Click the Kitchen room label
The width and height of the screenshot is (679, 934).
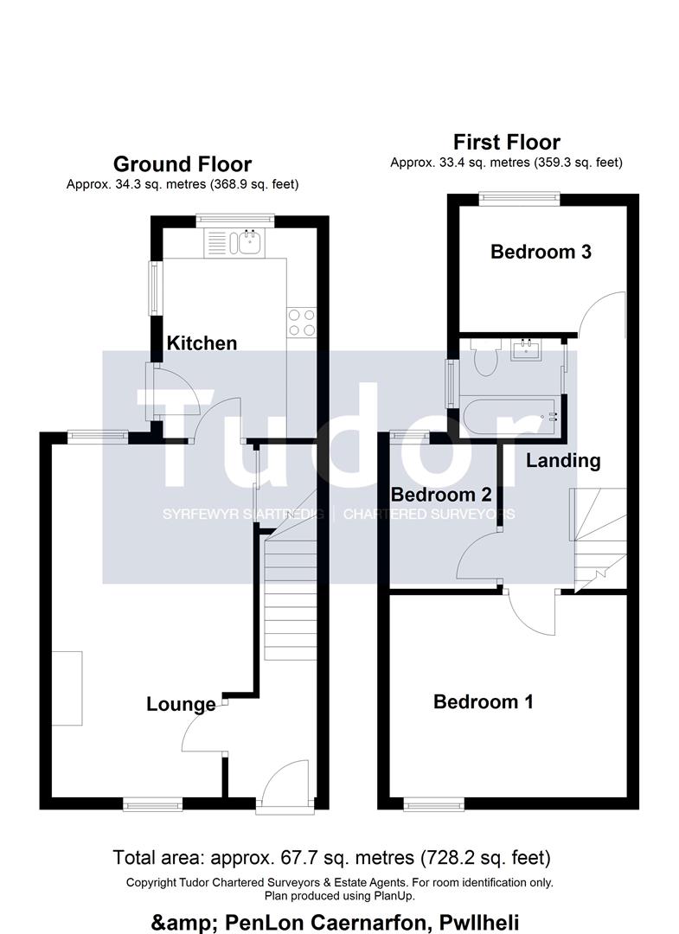202,343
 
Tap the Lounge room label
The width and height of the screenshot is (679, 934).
181,704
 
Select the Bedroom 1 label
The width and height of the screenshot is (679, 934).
483,701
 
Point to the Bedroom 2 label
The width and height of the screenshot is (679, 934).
441,495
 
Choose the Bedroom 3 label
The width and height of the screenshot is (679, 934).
541,252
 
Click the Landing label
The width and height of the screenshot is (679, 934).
563,460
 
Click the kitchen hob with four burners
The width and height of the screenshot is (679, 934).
301,323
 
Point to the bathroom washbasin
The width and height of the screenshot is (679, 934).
525,349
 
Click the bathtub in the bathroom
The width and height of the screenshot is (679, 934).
512,416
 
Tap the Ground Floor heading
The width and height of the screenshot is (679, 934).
183,163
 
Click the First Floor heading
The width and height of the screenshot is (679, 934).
507,142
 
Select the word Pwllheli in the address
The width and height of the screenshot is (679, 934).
479,923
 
